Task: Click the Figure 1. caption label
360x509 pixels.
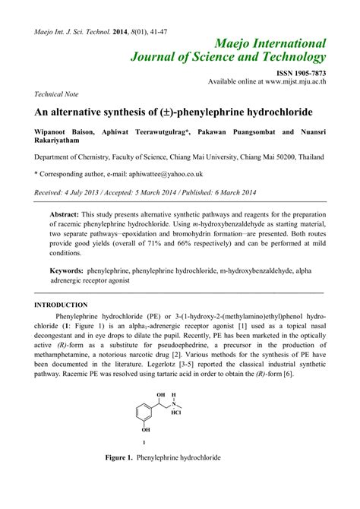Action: [120, 459]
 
